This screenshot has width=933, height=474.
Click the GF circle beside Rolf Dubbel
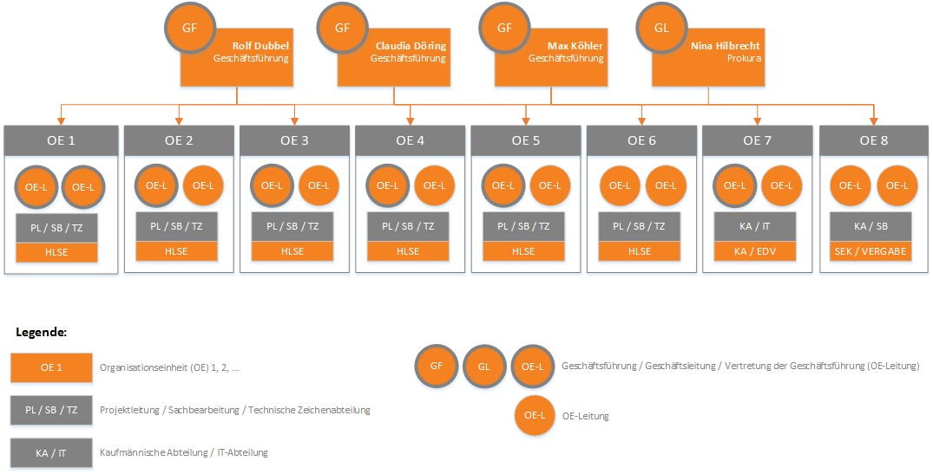pos(190,27)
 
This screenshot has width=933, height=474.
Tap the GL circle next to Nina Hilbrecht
pos(661,27)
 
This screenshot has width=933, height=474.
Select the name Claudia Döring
pos(411,45)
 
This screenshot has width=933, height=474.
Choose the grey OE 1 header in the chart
pos(60,140)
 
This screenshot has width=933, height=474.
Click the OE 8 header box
pos(874,140)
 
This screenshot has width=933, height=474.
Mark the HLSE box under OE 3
pos(292,251)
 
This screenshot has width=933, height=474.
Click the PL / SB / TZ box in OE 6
pos(640,225)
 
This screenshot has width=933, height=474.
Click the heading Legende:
pos(42,332)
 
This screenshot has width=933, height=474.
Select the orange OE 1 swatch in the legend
pos(52,367)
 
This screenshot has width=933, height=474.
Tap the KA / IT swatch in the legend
pos(52,452)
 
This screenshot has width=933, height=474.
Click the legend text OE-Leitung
pos(585,416)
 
